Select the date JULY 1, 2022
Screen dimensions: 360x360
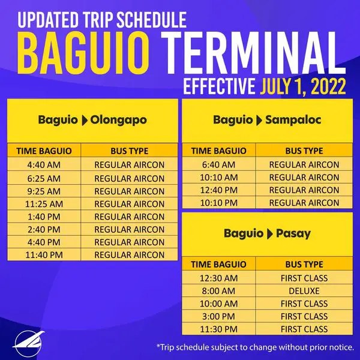click(x=303, y=88)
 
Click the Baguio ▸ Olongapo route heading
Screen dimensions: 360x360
click(x=92, y=120)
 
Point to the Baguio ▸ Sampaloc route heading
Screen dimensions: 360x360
click(x=267, y=120)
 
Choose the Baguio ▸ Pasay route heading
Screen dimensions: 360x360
click(x=267, y=233)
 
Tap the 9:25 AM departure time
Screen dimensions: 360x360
click(x=44, y=191)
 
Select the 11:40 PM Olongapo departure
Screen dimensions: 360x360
click(x=44, y=255)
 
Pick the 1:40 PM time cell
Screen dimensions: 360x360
click(x=44, y=217)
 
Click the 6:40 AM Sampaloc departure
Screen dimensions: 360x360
click(x=218, y=164)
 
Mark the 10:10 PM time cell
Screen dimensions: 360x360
click(x=218, y=203)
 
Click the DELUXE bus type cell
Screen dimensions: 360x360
click(x=304, y=290)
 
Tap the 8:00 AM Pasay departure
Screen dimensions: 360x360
click(x=218, y=290)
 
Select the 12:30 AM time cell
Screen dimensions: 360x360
click(x=218, y=278)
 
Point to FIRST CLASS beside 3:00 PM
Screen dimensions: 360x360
click(x=304, y=316)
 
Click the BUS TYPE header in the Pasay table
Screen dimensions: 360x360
click(x=304, y=264)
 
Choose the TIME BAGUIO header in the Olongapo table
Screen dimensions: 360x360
click(x=44, y=151)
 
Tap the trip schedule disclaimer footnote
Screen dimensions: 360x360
click(x=254, y=347)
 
